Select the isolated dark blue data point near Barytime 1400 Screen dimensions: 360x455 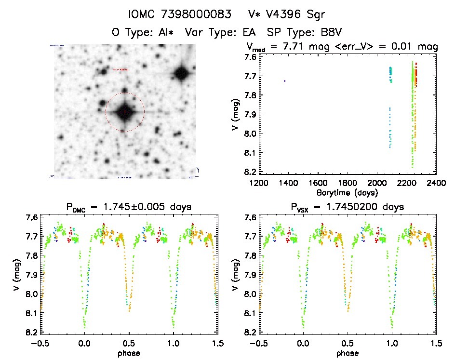tap(285, 81)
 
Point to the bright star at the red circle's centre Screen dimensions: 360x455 tap(125, 112)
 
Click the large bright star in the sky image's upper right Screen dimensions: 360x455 tap(181, 73)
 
